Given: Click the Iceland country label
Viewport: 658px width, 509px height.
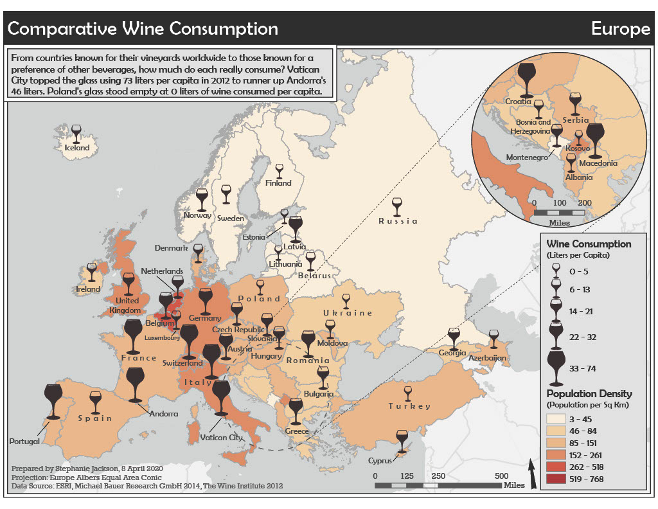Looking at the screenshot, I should (77, 148).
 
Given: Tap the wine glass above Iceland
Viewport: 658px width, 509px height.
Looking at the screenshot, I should (76, 133).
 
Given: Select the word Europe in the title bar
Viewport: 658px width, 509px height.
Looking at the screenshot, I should (620, 29).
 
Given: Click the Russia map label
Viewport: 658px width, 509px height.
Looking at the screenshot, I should (398, 221).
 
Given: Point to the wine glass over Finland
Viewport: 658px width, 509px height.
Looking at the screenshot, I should (279, 171).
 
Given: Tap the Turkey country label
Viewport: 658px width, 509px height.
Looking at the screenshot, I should (409, 406).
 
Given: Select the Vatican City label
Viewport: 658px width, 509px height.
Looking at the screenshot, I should (222, 438).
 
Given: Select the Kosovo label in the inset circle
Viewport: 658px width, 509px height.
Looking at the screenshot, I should (577, 148).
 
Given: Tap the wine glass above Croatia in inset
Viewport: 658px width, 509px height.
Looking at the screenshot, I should (526, 77).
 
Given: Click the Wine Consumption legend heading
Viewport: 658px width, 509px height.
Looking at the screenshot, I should (589, 244).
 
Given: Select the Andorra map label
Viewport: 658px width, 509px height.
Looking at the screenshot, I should (163, 414).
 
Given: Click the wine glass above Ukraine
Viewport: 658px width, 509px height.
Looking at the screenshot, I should (347, 301).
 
